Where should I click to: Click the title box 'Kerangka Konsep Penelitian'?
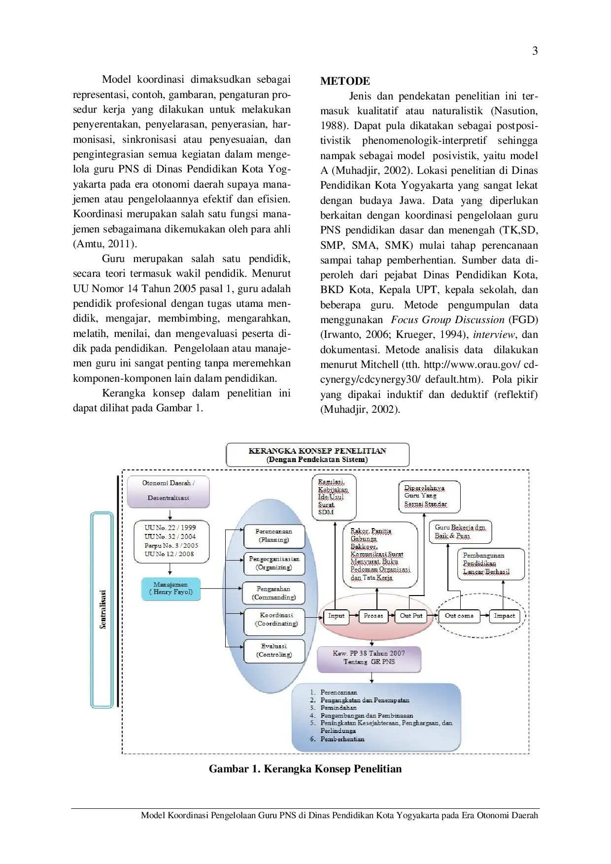(317, 455)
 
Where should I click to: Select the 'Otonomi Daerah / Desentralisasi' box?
(169, 491)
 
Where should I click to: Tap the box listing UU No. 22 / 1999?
(171, 541)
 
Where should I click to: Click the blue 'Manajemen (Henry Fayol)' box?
(170, 589)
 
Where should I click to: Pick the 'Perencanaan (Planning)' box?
(274, 536)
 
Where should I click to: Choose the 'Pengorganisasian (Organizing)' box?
(274, 564)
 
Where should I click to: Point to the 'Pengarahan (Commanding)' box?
(274, 593)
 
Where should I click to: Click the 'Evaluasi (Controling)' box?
(274, 651)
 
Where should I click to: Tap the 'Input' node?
(336, 616)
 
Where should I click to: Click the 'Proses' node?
(373, 616)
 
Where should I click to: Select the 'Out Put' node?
(411, 616)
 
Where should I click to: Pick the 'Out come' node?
(459, 616)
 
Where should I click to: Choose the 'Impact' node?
(504, 616)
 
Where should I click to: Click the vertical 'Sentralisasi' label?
(102, 609)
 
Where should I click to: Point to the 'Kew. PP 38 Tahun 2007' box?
(369, 658)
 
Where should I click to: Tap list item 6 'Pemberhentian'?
(342, 739)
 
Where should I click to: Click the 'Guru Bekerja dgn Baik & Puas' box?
(460, 532)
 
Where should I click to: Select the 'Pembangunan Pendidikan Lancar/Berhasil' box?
(491, 564)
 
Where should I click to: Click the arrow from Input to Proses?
(354, 616)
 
